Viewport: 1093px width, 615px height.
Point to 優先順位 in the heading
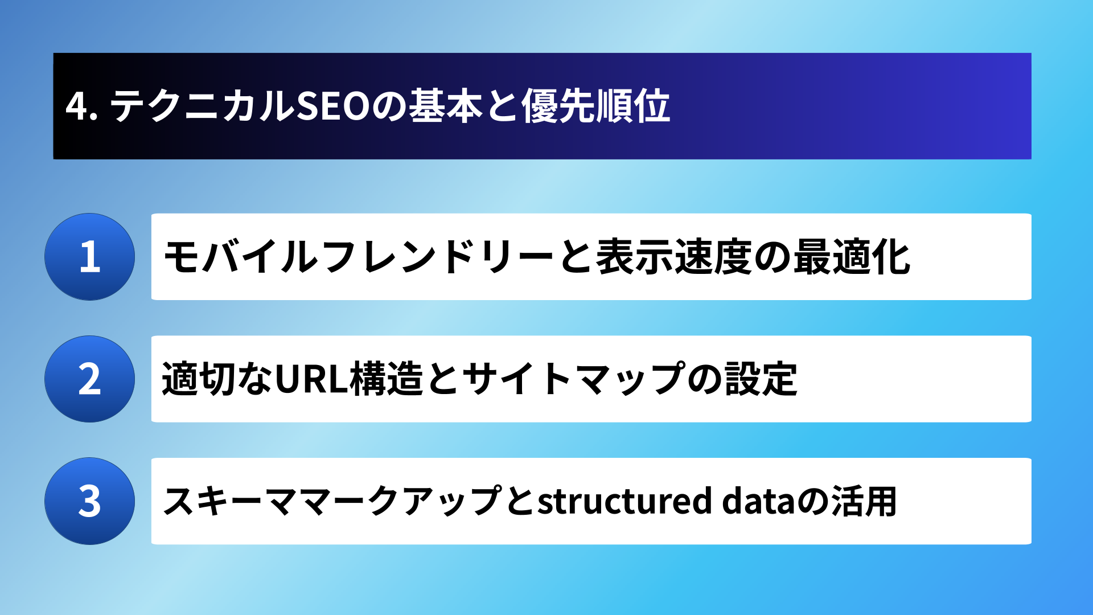pyautogui.click(x=595, y=106)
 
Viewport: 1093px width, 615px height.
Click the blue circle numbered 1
pyautogui.click(x=90, y=257)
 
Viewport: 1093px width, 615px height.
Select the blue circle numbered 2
pyautogui.click(x=90, y=379)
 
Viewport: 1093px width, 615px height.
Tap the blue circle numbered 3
pyautogui.click(x=90, y=501)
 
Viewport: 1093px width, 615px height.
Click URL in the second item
pyautogui.click(x=311, y=379)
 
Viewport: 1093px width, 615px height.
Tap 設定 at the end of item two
pyautogui.click(x=761, y=379)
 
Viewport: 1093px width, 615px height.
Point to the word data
pyautogui.click(x=759, y=501)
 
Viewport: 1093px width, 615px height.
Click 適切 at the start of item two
pyautogui.click(x=199, y=379)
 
